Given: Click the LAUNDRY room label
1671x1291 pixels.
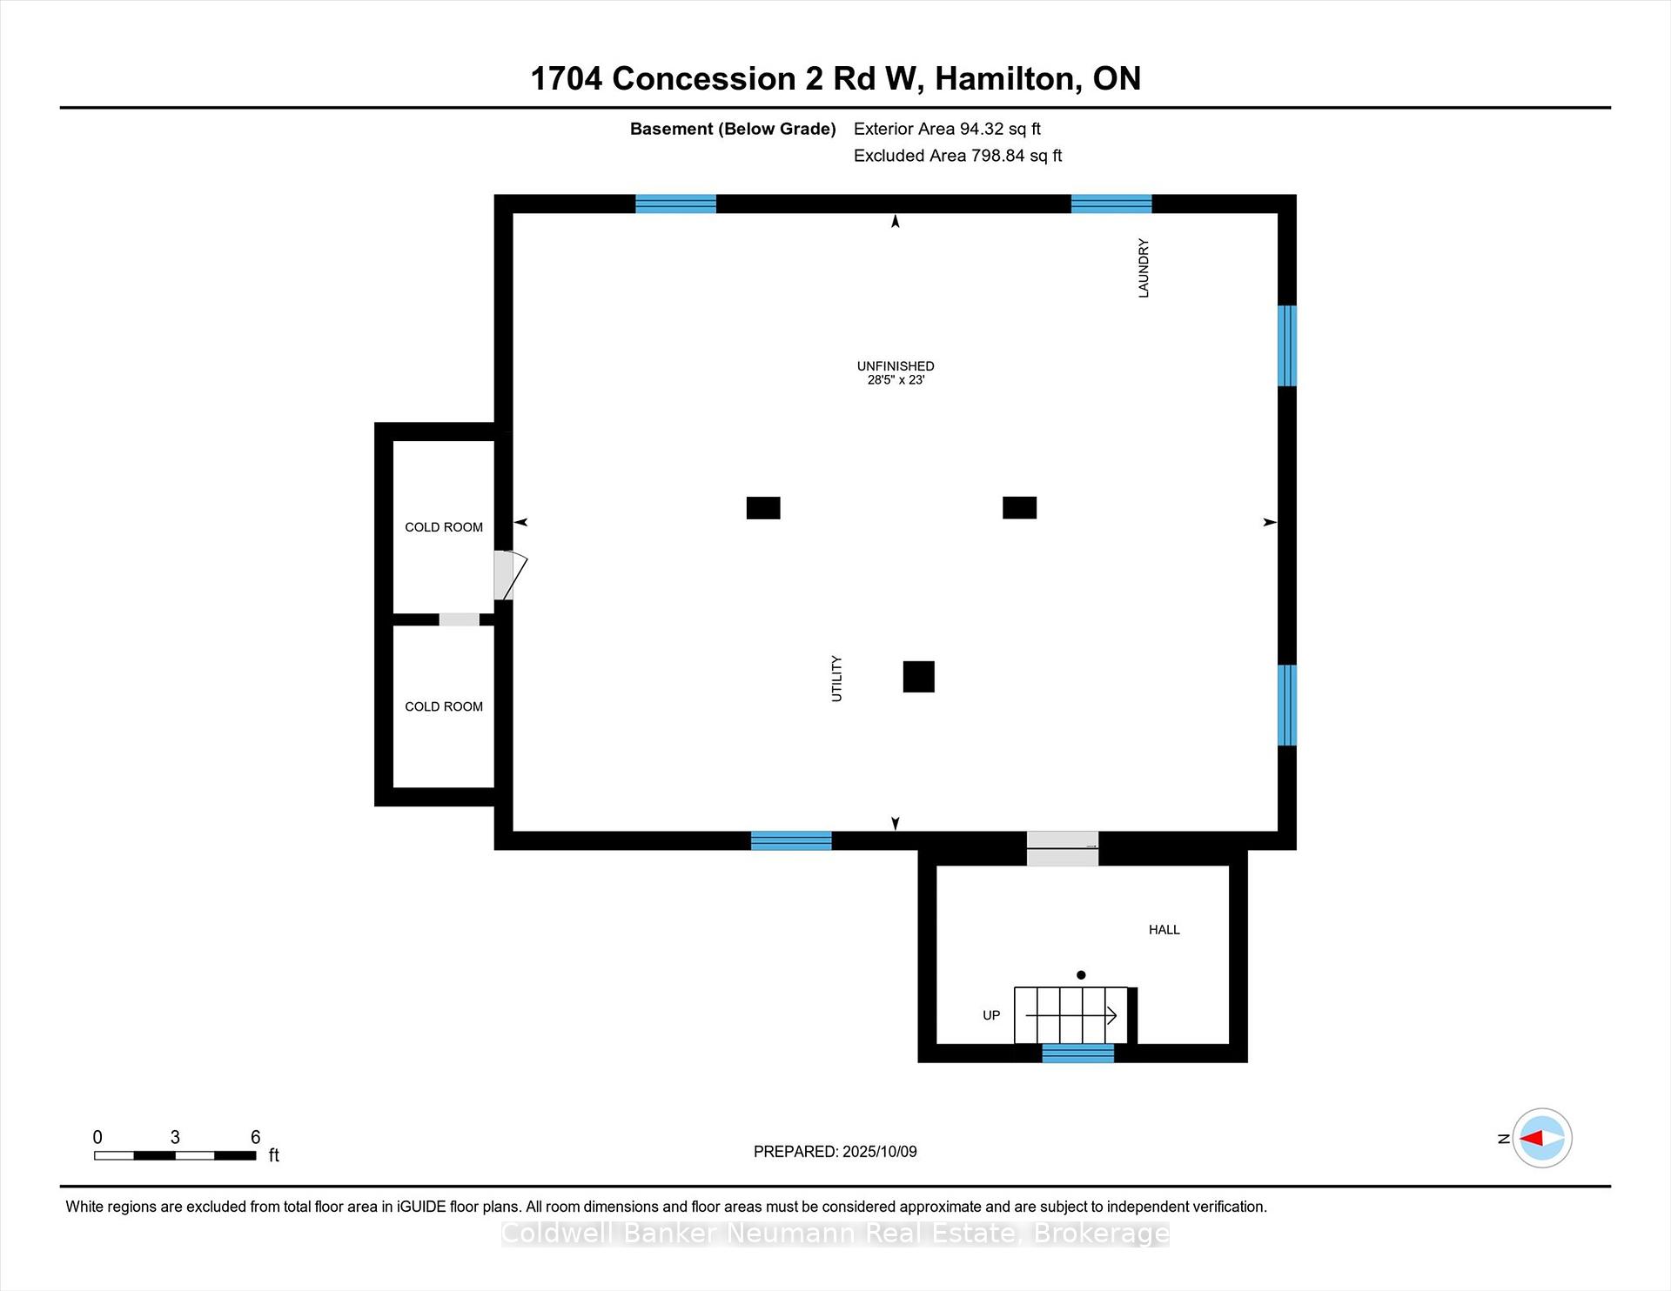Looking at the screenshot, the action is (x=1144, y=268).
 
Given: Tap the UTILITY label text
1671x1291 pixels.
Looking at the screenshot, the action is (x=836, y=679).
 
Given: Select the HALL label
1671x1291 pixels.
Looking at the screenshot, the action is (x=1164, y=930).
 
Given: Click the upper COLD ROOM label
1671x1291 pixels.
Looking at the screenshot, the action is (x=444, y=527).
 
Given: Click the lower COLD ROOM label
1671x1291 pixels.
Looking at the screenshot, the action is (x=444, y=706).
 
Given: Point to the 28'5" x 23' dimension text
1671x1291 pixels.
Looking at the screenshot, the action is (x=896, y=380).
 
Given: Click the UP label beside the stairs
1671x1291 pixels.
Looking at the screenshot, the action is (x=991, y=1015).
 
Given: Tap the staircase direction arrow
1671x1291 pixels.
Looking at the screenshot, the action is (x=1070, y=1014).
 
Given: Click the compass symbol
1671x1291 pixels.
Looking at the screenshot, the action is (x=1542, y=1138).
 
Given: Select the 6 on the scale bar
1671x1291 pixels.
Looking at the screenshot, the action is (x=255, y=1137).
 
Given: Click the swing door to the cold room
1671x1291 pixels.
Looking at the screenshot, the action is (x=510, y=575).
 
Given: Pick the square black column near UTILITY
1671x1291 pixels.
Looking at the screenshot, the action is (x=918, y=677).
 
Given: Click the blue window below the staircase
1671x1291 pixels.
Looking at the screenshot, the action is (x=1077, y=1054).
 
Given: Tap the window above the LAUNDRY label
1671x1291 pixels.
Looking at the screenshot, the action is (x=1111, y=204).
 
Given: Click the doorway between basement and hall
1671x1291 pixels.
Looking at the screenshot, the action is (x=1063, y=848).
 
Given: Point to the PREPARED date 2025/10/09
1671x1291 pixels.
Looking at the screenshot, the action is (x=880, y=1152).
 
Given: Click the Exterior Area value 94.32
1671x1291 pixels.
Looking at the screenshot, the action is (x=982, y=129).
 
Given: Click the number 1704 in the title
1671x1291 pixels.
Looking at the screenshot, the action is (x=567, y=79).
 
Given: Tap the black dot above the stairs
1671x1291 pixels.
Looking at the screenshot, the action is (x=1081, y=975).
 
